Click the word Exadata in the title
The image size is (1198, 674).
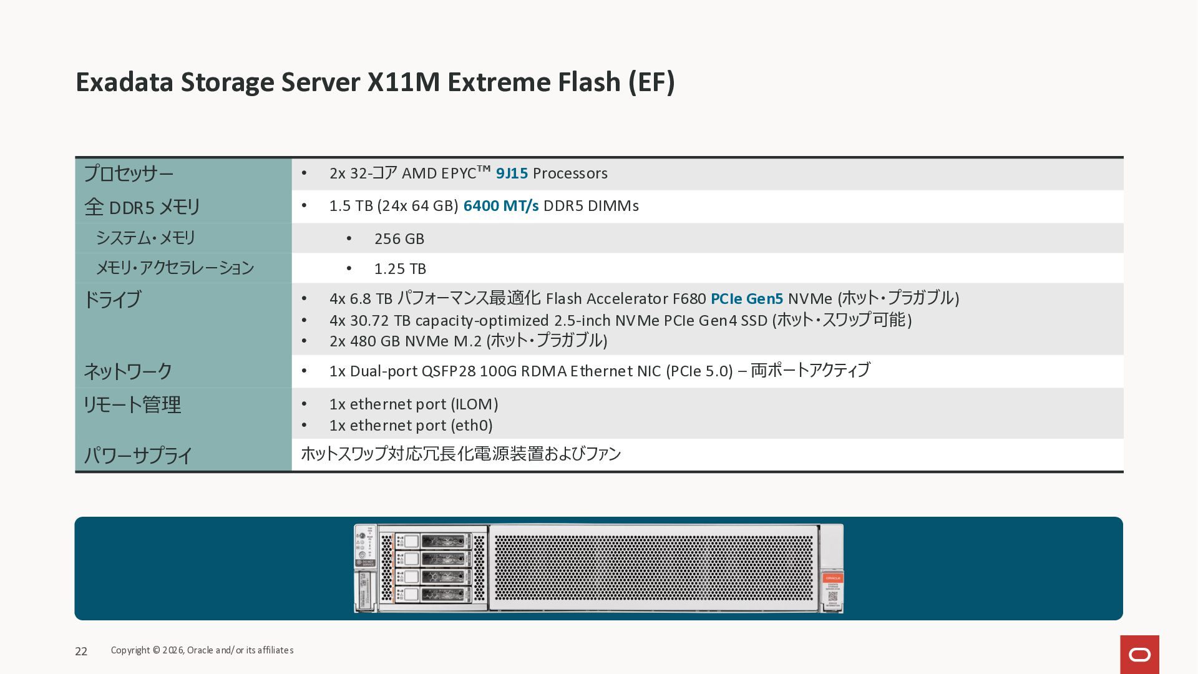[x=124, y=82]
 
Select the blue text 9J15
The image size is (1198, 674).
[x=512, y=173]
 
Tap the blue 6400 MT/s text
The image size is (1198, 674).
[x=500, y=206]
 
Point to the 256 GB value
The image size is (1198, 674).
[x=399, y=239]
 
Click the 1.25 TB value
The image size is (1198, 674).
[x=400, y=269]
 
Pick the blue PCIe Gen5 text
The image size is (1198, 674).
[x=746, y=299]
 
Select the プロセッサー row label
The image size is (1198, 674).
[x=129, y=173]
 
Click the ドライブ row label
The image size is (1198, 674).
[x=112, y=300]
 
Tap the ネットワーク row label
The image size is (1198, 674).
[x=128, y=371]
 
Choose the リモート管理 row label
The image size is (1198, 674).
[x=132, y=404]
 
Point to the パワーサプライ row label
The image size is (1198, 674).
[x=138, y=455]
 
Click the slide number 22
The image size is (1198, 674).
[x=81, y=652]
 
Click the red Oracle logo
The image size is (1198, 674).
[x=1139, y=655]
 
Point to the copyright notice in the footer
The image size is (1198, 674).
[x=202, y=650]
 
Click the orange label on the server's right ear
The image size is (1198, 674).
[x=832, y=579]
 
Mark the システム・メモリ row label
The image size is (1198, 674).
[x=145, y=238]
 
